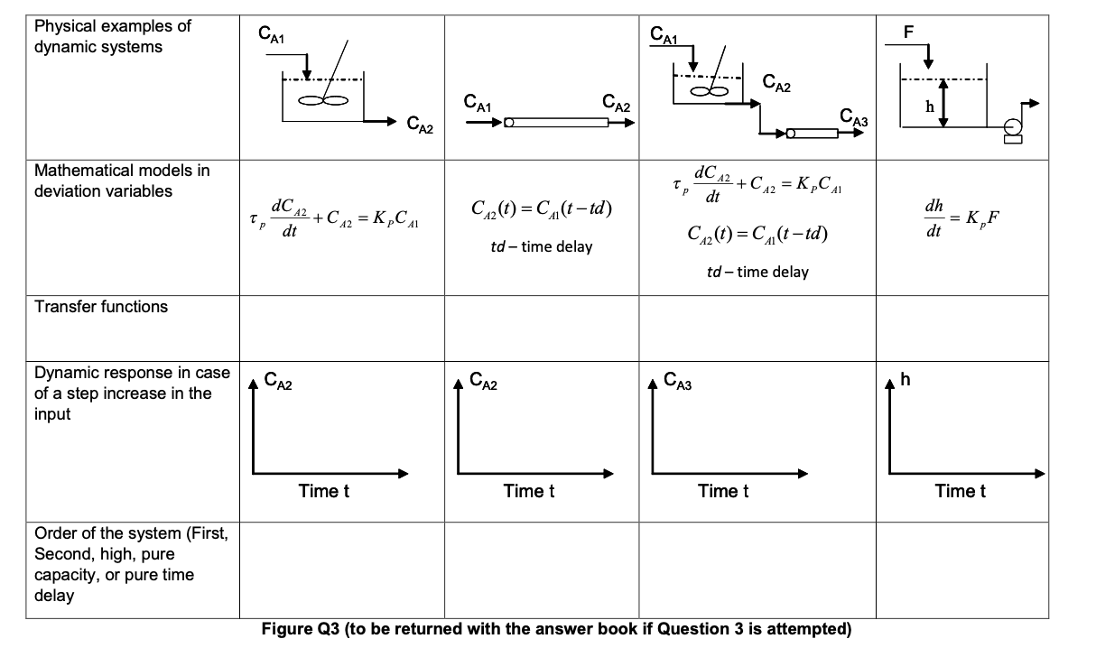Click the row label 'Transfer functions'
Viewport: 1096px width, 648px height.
coord(101,307)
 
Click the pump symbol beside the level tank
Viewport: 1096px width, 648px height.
coord(1012,132)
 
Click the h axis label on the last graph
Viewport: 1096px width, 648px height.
coord(906,380)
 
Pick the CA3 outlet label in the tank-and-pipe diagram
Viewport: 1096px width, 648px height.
coord(853,116)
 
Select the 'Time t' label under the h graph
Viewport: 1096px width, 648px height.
coord(961,491)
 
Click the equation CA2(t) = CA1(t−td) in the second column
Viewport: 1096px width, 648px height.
coord(542,210)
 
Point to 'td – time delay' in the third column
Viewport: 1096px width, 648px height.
coord(757,272)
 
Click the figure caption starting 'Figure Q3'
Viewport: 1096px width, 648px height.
coord(556,629)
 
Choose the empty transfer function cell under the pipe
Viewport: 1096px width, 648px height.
coord(542,329)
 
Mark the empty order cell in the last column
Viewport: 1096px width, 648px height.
coord(962,569)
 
